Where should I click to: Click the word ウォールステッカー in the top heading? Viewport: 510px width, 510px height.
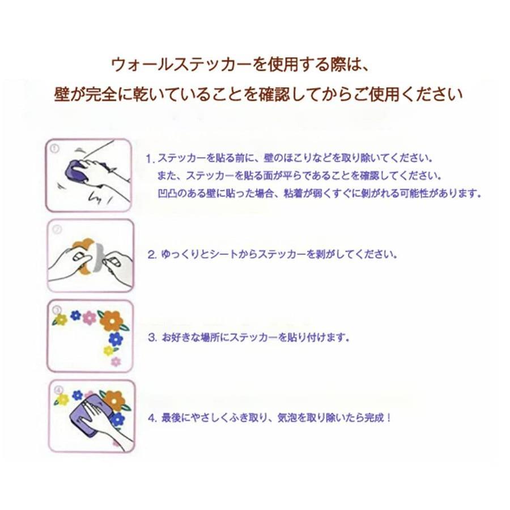pos(181,65)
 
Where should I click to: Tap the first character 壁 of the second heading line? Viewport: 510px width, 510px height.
pos(62,95)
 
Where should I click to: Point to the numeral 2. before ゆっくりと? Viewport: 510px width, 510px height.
pos(152,254)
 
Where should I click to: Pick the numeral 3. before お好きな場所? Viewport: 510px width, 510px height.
pos(152,338)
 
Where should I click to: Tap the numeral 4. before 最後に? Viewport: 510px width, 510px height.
pos(152,418)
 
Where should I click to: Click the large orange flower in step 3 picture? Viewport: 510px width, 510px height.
pos(111,321)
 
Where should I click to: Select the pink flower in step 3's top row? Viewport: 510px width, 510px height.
pos(89,317)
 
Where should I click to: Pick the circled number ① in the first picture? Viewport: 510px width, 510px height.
pos(54,148)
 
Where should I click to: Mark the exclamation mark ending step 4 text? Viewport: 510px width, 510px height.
pos(389,418)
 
